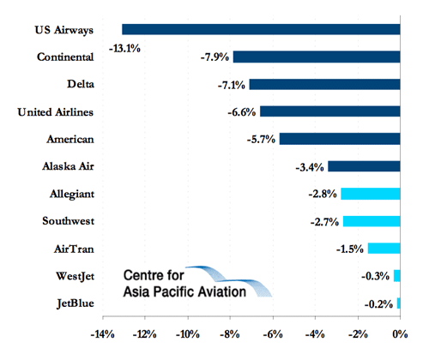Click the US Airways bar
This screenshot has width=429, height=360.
pyautogui.click(x=261, y=29)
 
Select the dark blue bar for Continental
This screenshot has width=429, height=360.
pyautogui.click(x=317, y=57)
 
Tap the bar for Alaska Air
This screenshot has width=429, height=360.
pyautogui.click(x=364, y=166)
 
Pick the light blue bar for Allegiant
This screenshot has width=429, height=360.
pyautogui.click(x=371, y=194)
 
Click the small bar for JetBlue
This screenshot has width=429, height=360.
pyautogui.click(x=398, y=303)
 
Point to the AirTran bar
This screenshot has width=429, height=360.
pyautogui.click(x=384, y=249)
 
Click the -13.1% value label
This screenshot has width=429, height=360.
pyautogui.click(x=124, y=49)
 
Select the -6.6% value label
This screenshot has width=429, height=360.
pyautogui.click(x=242, y=112)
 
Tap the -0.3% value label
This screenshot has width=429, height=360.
pyautogui.click(x=376, y=276)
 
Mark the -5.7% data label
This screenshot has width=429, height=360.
pyautogui.click(x=261, y=140)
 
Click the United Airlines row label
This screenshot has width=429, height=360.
pyautogui.click(x=56, y=112)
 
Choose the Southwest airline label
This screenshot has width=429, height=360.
pyautogui.click(x=69, y=221)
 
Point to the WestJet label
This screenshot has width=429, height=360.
pyautogui.click(x=75, y=276)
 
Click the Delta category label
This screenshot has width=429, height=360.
pyautogui.click(x=81, y=84)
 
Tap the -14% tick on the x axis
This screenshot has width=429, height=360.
pyautogui.click(x=102, y=334)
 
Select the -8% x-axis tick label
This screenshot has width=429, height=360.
pyautogui.click(x=230, y=334)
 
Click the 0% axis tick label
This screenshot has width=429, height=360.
pyautogui.click(x=400, y=334)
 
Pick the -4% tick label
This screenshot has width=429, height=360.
pyautogui.click(x=315, y=334)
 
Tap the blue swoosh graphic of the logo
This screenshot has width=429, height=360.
pyautogui.click(x=229, y=281)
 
